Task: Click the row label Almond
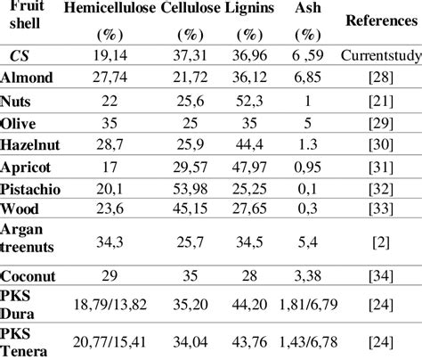tap(27, 78)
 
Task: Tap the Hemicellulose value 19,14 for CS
tap(106, 56)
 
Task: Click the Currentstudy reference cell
tap(375, 56)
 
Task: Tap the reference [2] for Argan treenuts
tap(375, 240)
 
